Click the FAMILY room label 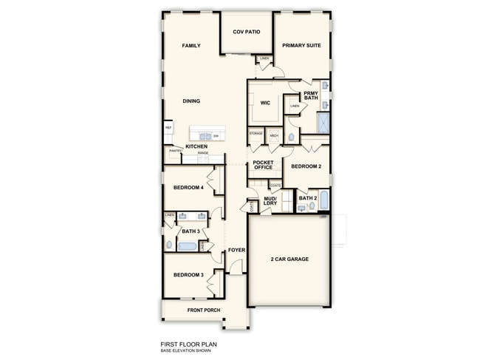click(x=192, y=46)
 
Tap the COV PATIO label click(x=247, y=32)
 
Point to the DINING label click(x=191, y=101)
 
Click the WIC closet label click(x=265, y=103)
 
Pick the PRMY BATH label click(x=311, y=95)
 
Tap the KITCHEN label click(x=196, y=146)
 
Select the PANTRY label click(x=175, y=151)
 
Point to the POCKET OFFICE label click(x=263, y=165)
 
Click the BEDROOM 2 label click(x=306, y=166)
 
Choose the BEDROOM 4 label click(x=188, y=188)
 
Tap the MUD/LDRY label click(x=270, y=201)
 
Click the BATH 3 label click(x=191, y=231)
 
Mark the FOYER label click(x=236, y=250)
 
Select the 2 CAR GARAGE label click(x=289, y=259)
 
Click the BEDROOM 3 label click(x=188, y=275)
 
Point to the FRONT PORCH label click(x=204, y=310)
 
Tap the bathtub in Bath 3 click(x=187, y=247)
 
